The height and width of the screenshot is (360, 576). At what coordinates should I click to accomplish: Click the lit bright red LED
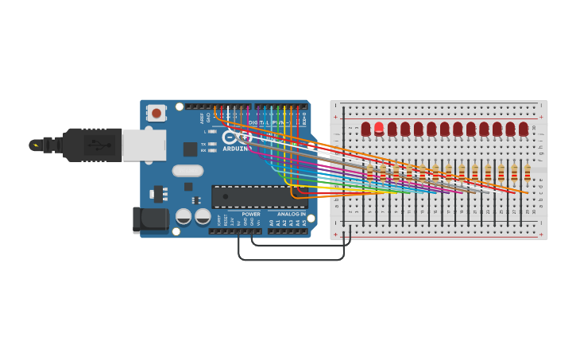(x=379, y=128)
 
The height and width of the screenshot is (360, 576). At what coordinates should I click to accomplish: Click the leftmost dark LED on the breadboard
(x=365, y=129)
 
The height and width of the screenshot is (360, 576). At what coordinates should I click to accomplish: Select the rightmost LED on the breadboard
(x=524, y=129)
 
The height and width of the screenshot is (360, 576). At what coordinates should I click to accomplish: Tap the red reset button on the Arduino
(x=157, y=113)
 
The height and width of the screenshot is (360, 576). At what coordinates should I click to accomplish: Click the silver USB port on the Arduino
(x=144, y=145)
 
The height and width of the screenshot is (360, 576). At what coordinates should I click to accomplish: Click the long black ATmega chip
(x=258, y=196)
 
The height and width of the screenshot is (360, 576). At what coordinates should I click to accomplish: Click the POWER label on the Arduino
(x=251, y=214)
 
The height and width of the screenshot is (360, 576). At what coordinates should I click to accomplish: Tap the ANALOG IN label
(x=291, y=214)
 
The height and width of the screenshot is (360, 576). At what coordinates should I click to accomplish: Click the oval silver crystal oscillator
(x=187, y=170)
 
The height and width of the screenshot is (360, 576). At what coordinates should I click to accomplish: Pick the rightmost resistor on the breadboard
(x=527, y=172)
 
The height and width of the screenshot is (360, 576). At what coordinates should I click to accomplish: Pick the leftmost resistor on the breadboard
(x=369, y=172)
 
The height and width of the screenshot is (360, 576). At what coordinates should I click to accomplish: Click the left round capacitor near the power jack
(x=184, y=216)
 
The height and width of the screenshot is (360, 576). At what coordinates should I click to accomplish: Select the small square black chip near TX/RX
(x=190, y=149)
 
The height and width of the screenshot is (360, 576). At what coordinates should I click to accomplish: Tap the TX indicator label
(x=203, y=144)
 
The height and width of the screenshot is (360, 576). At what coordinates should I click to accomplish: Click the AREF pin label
(x=202, y=118)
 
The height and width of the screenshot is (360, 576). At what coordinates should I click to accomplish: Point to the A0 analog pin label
(x=272, y=223)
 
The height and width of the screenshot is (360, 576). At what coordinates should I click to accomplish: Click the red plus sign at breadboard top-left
(x=335, y=118)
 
